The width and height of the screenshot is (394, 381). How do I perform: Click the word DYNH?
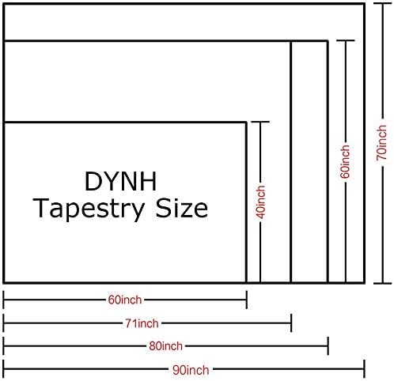click(121, 181)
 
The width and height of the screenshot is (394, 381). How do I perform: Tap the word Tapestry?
click(88, 209)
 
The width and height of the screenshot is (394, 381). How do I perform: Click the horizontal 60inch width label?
click(125, 300)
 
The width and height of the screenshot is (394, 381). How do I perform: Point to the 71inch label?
click(142, 323)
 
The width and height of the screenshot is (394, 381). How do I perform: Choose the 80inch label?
click(165, 346)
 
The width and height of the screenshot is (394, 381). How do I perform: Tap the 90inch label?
click(191, 370)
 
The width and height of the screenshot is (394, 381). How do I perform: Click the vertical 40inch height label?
click(260, 202)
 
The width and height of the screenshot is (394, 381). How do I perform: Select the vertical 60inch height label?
click(345, 161)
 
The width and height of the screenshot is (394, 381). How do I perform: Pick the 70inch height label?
click(381, 143)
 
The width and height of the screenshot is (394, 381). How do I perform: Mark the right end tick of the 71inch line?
click(291, 323)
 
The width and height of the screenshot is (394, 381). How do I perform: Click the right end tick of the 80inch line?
click(328, 346)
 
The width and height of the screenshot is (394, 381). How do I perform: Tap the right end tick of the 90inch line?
click(364, 369)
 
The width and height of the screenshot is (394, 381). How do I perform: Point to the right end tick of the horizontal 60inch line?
click(247, 300)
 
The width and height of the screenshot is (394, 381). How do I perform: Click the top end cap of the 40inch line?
click(260, 122)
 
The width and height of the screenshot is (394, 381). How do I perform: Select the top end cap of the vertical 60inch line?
click(346, 40)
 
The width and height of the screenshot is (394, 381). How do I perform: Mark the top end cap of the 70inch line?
click(383, 3)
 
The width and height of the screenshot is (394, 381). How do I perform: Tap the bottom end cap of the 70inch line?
click(383, 284)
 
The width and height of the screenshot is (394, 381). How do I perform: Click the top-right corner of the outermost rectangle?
click(365, 4)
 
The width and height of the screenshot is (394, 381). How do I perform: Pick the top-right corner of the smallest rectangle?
click(246, 123)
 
